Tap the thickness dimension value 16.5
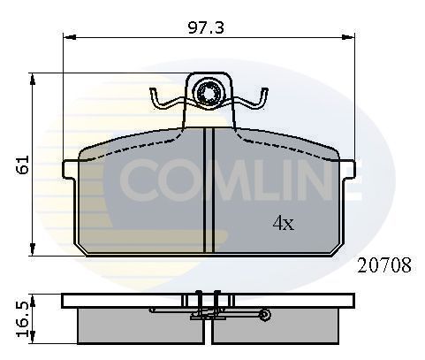click(25, 314)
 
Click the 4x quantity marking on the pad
click(283, 224)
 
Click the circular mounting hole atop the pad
click(209, 92)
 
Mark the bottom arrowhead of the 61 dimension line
click(33, 250)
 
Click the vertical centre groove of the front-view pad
click(209, 190)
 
